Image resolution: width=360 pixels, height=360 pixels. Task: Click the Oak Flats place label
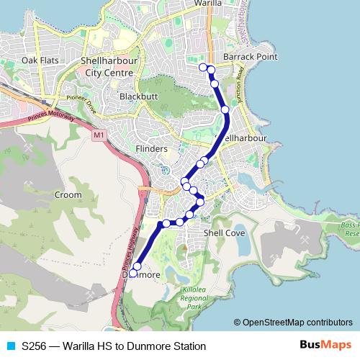40,60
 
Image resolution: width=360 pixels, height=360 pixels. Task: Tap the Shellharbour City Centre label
108,67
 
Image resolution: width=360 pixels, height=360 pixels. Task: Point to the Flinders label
151,149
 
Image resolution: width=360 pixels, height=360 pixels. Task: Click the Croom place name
68,194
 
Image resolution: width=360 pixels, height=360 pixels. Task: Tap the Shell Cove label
225,233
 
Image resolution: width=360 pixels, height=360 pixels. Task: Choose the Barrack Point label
241,56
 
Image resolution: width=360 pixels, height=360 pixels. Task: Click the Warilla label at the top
208,4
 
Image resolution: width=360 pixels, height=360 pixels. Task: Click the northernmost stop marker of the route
203,67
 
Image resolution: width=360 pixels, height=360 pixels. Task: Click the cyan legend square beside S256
9,346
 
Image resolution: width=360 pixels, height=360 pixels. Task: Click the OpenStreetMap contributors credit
292,323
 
